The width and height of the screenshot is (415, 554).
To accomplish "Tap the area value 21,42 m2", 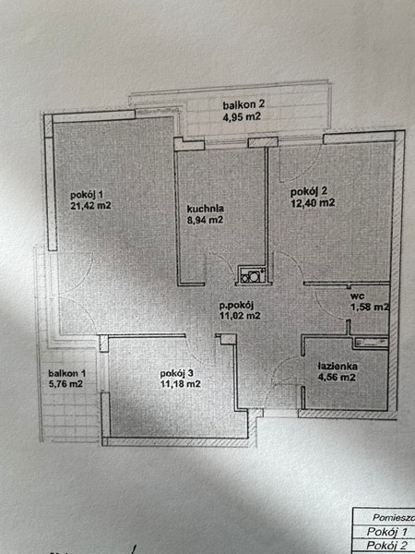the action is click(90, 206).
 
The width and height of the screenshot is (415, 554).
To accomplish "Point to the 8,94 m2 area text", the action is click(205, 220).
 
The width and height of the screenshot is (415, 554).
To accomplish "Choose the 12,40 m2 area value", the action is click(313, 203).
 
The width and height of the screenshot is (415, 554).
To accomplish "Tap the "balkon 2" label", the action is click(243, 105).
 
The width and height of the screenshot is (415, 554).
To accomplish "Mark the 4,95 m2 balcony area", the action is click(242, 116).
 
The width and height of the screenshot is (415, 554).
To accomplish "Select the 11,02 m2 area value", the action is click(240, 316).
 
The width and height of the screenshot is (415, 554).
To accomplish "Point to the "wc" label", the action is click(358, 296).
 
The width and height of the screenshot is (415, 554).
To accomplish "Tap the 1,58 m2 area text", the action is click(370, 307).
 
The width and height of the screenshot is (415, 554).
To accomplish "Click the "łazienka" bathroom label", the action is click(337, 367).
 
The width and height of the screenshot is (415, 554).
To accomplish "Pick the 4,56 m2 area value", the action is click(336, 378).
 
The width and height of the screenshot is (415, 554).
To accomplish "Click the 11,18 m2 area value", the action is click(181, 384).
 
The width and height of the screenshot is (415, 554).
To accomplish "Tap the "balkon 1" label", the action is click(67, 373).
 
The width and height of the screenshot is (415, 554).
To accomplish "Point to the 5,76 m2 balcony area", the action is click(65, 384).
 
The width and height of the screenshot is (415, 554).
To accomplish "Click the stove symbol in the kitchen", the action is click(252, 274).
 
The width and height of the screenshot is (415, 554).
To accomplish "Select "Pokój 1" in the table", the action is click(387, 532).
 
